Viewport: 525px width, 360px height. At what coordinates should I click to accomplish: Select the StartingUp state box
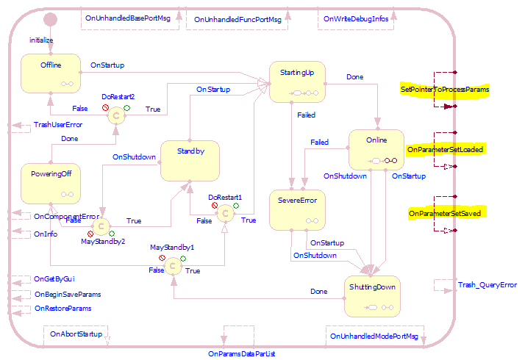tap(297, 82)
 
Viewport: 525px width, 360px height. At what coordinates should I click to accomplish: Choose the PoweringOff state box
tap(50, 184)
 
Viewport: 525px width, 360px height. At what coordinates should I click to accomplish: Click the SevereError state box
tap(297, 209)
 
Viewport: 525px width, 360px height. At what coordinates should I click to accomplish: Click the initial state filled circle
tap(51, 20)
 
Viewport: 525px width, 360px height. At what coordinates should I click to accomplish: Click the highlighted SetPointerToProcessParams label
tap(444, 90)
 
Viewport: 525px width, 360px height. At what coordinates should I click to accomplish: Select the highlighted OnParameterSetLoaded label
tap(444, 150)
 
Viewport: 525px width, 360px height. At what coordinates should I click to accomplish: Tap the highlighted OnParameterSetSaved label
tap(444, 213)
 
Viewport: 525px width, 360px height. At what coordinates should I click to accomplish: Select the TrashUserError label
tap(58, 125)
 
